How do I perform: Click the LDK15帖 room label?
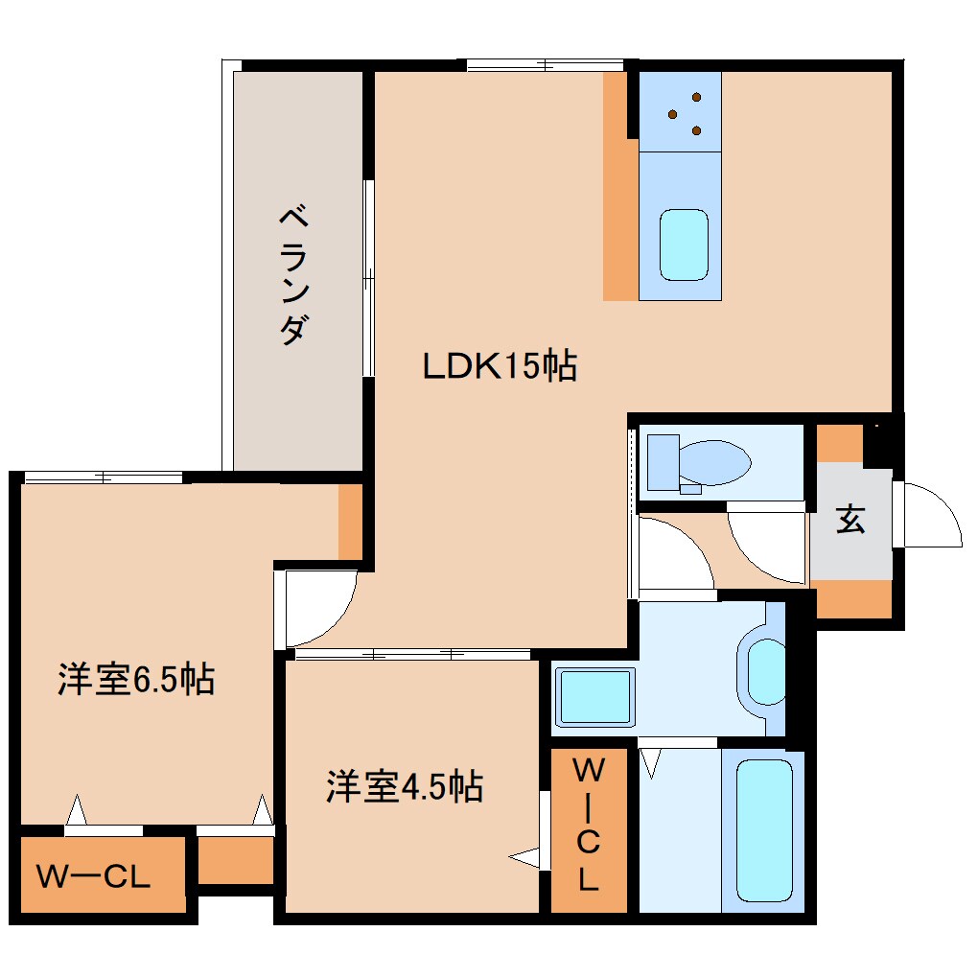[x=500, y=365]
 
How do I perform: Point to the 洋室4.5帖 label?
[x=404, y=787]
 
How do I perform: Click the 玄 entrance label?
[x=850, y=521]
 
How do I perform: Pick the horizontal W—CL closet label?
[x=93, y=876]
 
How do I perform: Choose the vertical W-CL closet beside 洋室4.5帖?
[x=588, y=826]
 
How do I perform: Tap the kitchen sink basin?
[x=684, y=244]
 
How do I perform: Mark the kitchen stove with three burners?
[x=680, y=111]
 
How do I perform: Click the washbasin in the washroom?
[x=766, y=671]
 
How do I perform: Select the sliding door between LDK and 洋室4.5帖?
[x=412, y=655]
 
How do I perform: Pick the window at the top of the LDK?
[x=546, y=65]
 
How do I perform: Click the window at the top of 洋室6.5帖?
[x=103, y=477]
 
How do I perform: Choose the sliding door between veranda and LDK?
[x=367, y=278]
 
